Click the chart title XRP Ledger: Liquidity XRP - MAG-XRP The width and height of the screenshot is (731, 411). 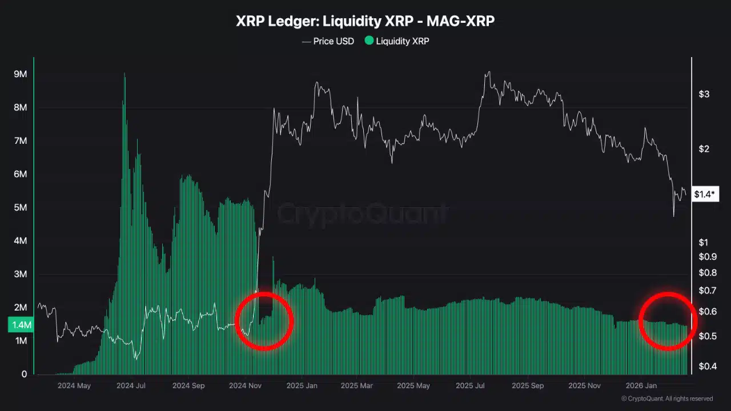tap(365, 22)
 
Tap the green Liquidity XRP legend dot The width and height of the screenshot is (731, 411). tap(369, 41)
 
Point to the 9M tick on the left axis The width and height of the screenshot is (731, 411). tap(21, 75)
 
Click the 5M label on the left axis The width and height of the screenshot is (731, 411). tap(21, 208)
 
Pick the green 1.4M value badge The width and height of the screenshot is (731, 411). tap(21, 325)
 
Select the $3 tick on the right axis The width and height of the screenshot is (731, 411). tap(704, 94)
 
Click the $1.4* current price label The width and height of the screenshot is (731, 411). tap(705, 195)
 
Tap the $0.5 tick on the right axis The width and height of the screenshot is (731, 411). tap(708, 336)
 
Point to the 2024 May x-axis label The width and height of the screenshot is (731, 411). tap(74, 386)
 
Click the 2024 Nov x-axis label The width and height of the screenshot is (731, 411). tap(245, 386)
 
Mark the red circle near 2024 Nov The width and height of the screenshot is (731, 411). tap(264, 321)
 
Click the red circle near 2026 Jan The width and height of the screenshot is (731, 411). tap(667, 321)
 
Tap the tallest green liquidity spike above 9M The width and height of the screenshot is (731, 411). tap(124, 77)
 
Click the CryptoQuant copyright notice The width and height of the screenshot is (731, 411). tap(666, 398)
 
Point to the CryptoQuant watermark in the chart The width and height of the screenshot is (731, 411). tap(363, 214)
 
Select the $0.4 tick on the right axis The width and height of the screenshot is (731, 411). tap(708, 366)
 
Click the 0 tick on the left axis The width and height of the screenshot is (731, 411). tap(24, 374)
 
